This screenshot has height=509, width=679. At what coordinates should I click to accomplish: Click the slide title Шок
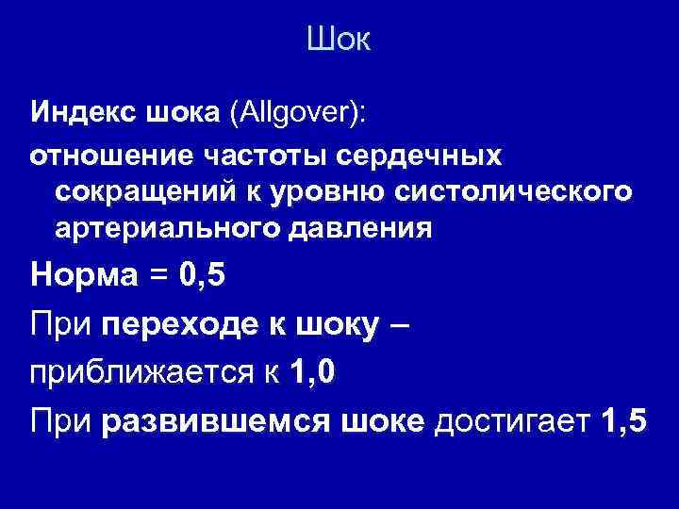(x=339, y=41)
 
